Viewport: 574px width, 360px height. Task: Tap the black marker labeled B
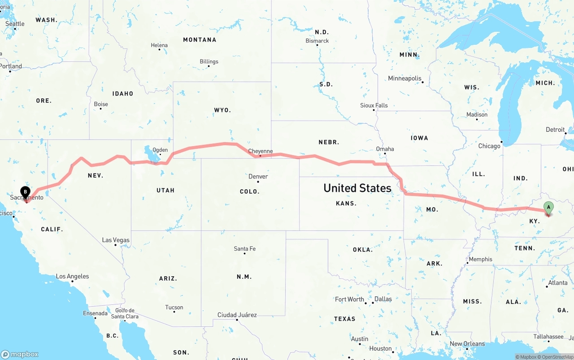[x=26, y=192]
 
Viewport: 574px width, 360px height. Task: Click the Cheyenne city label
[x=260, y=151]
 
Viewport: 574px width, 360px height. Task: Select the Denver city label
[x=258, y=176]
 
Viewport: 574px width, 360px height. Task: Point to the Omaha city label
[x=385, y=149]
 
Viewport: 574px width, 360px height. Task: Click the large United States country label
[x=357, y=188]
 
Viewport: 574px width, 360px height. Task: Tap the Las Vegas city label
[x=116, y=240]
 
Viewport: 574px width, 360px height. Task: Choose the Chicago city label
[x=489, y=146]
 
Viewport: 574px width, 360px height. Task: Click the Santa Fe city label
[x=244, y=249]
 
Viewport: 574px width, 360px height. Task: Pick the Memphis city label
[x=480, y=259]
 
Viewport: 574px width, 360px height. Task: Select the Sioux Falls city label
[x=374, y=105]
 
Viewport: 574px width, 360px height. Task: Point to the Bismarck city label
[x=317, y=41]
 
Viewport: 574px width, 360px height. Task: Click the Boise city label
[x=101, y=104]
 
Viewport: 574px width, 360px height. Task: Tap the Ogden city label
[x=160, y=150]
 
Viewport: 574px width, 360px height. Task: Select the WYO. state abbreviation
[x=222, y=110]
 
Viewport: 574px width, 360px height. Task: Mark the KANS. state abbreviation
[x=346, y=203]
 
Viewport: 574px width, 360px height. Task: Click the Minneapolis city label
[x=404, y=78]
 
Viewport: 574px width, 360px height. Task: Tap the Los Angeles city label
[x=72, y=276]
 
